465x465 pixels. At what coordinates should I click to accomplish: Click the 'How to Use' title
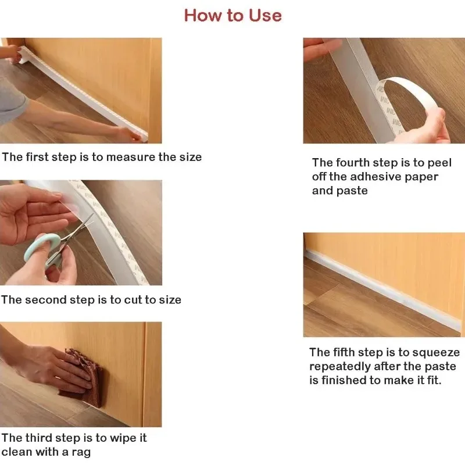click(233, 15)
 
